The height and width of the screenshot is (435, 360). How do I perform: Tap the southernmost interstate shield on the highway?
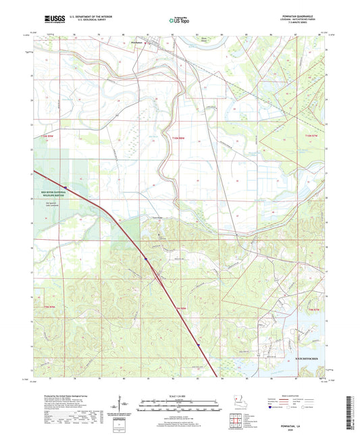coord(199,346)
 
